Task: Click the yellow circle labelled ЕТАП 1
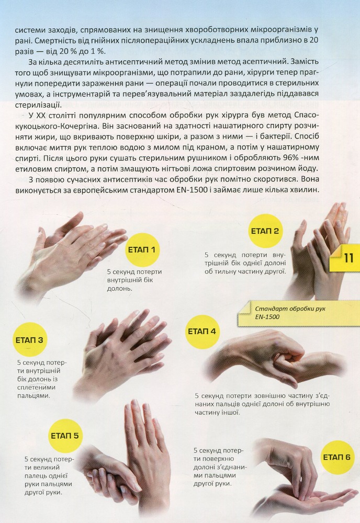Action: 142,249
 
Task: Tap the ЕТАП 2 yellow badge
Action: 265,231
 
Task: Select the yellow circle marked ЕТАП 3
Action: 29,340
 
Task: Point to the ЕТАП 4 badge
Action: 202,332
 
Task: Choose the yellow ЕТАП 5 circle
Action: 65,436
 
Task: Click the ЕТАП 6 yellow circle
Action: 337,457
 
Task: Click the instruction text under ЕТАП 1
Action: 134,280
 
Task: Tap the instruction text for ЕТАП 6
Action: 220,467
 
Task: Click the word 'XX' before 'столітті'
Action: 41,116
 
